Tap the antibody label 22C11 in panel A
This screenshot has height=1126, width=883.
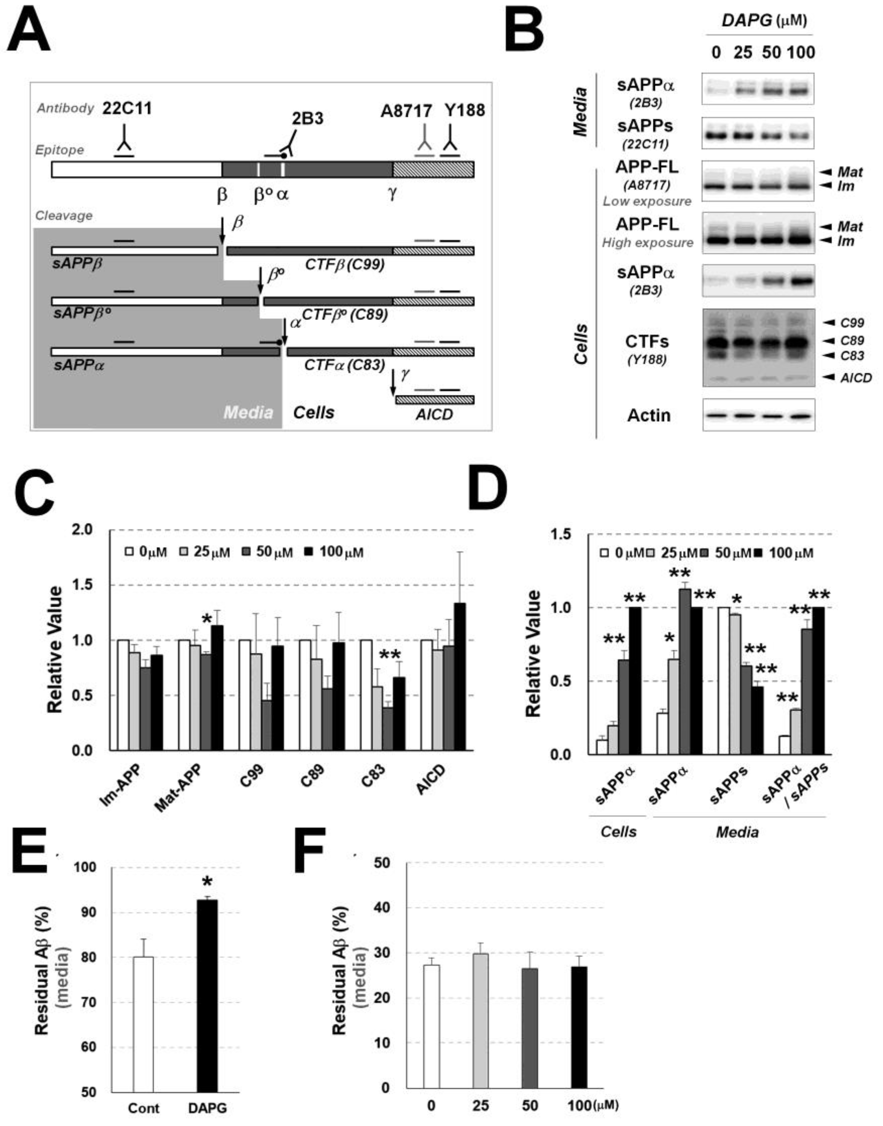[x=127, y=108]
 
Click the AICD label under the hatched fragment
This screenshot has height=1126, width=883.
[x=434, y=414]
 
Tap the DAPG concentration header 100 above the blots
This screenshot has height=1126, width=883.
[x=801, y=52]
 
